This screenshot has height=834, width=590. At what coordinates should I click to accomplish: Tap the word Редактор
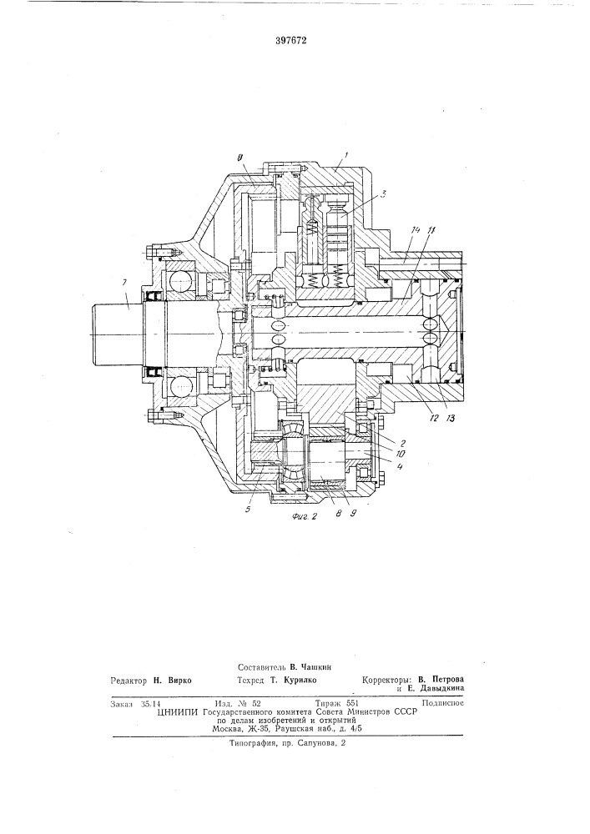[x=134, y=680]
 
